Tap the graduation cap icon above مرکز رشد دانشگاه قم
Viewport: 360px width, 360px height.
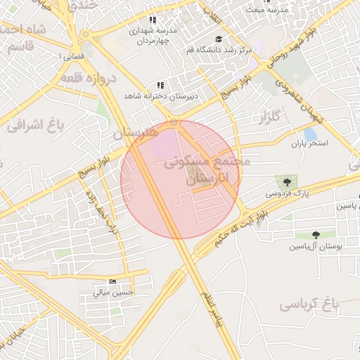[218, 39]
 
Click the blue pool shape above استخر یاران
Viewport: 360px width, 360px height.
[309, 134]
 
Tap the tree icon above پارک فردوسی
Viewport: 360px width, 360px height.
[285, 181]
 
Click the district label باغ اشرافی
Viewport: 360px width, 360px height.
[35, 126]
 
